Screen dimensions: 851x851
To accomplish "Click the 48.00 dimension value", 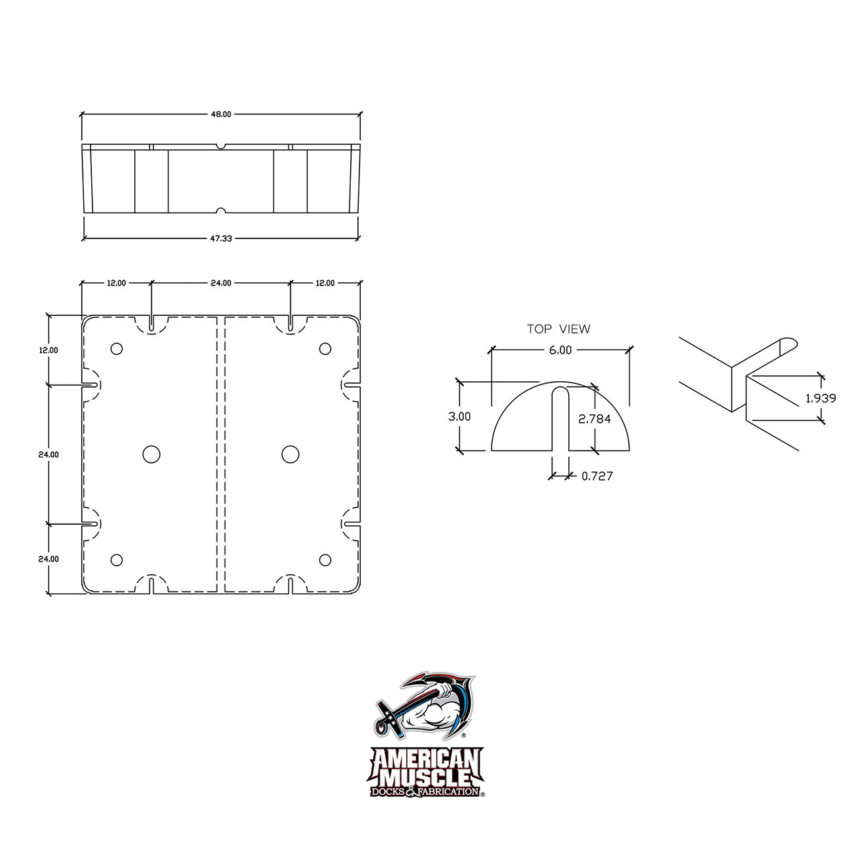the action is tap(221, 114).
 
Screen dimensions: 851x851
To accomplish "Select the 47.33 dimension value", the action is tap(221, 239).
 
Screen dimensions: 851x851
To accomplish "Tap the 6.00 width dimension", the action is tap(560, 350).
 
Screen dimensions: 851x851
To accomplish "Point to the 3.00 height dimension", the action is tap(459, 416).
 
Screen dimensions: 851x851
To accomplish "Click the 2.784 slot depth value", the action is tap(595, 419).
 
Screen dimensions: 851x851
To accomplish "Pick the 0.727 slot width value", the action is tap(597, 476).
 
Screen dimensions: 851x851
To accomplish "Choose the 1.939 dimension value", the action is tap(821, 398).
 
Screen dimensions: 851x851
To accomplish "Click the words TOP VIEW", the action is tap(558, 329).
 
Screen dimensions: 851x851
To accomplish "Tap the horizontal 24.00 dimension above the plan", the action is tap(221, 283).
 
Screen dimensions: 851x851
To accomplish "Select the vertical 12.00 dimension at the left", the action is tap(49, 350).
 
